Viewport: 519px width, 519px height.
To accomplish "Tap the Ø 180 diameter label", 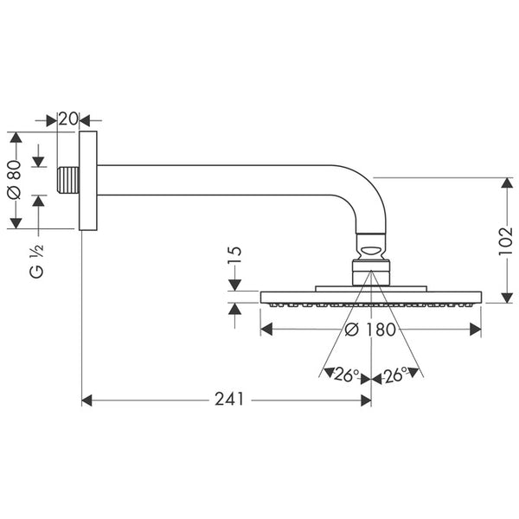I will pyautogui.click(x=370, y=330).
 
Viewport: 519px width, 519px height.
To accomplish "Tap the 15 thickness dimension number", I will pyautogui.click(x=234, y=258).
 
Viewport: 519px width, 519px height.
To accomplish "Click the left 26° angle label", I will pyautogui.click(x=346, y=375).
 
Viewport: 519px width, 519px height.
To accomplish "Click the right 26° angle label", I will pyautogui.click(x=396, y=375).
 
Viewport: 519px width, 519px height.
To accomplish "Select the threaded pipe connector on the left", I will pyautogui.click(x=68, y=181).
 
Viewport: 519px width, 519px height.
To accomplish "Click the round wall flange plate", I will pyautogui.click(x=87, y=181).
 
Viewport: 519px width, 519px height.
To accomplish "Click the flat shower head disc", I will pyautogui.click(x=371, y=298).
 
